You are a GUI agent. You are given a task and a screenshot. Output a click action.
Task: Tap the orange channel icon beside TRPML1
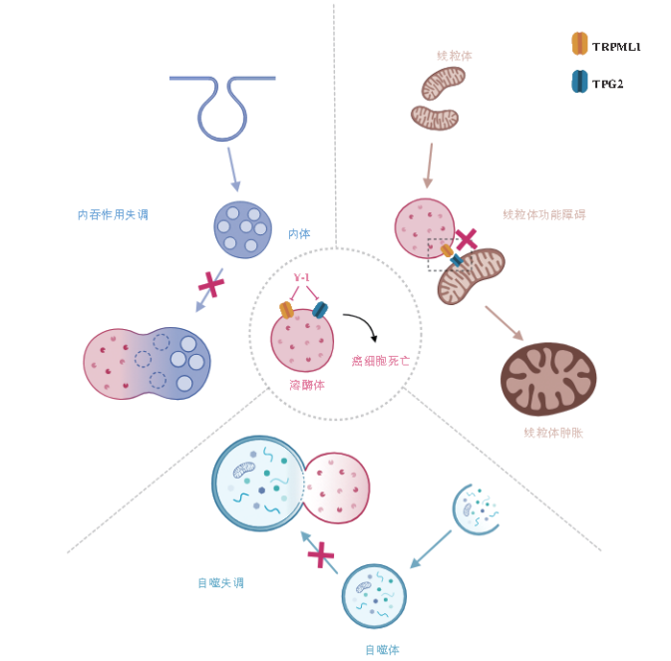579,44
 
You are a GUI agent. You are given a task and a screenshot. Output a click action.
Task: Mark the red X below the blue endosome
210,285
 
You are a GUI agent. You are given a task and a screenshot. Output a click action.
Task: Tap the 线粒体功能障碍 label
544,214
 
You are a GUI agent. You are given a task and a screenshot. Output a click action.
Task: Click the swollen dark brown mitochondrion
547,379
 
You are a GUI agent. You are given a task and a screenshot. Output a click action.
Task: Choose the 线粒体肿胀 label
552,433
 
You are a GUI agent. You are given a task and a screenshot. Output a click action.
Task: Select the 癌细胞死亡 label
380,360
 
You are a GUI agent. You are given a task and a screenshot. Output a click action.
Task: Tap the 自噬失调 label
221,583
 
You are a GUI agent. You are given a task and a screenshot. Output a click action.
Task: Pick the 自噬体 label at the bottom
382,649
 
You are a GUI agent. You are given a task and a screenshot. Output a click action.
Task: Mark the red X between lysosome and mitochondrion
465,239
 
